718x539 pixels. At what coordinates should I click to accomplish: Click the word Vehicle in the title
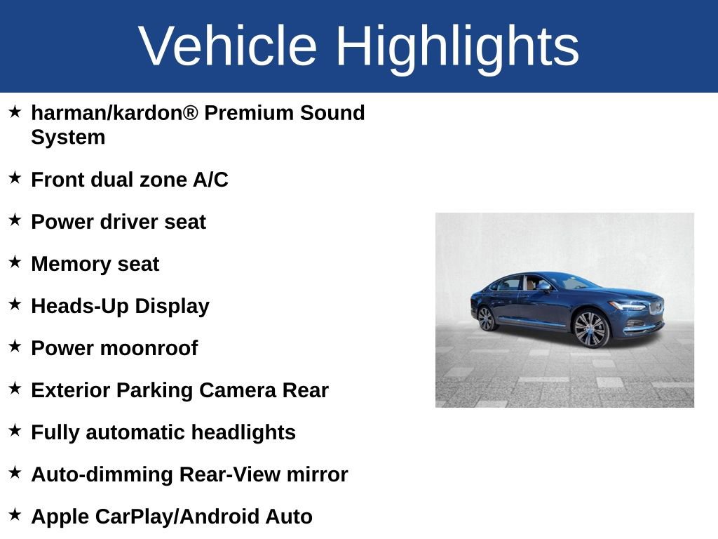(228, 46)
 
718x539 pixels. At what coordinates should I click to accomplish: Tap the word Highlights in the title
(457, 46)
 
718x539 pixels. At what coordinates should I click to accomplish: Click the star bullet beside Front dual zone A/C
(15, 178)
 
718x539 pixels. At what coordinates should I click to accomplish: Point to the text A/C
(210, 180)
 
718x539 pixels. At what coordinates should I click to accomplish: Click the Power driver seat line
(118, 222)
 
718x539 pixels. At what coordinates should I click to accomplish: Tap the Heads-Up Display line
(120, 307)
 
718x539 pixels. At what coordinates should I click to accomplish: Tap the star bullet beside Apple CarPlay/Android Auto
(15, 515)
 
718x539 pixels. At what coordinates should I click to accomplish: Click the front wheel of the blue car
(590, 328)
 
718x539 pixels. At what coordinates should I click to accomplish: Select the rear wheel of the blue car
(486, 319)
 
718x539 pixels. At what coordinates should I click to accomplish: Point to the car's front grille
(656, 307)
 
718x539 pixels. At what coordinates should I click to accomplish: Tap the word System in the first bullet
(68, 138)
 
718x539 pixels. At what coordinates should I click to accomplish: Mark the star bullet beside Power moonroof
(15, 347)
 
